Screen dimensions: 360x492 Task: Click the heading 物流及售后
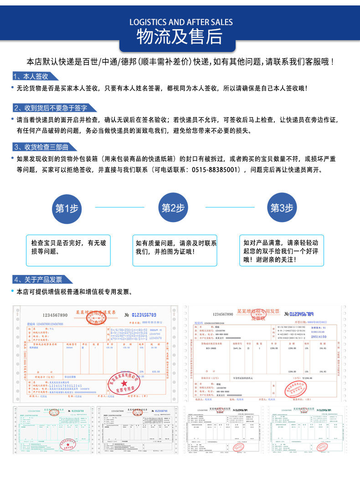(180, 36)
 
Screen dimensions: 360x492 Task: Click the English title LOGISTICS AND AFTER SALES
(181, 22)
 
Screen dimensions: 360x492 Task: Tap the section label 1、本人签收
(31, 77)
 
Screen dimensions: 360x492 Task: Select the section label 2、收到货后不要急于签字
(50, 108)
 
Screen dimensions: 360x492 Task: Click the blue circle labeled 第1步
(67, 208)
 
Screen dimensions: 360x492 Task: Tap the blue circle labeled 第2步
(173, 208)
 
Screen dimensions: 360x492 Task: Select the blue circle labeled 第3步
(282, 208)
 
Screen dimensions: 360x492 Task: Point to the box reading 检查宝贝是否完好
(68, 250)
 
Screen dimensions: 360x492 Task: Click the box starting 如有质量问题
(175, 250)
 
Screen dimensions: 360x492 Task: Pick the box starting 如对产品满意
(282, 250)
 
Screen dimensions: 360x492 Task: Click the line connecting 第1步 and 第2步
(119, 207)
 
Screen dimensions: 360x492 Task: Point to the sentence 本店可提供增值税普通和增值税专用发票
(74, 292)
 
